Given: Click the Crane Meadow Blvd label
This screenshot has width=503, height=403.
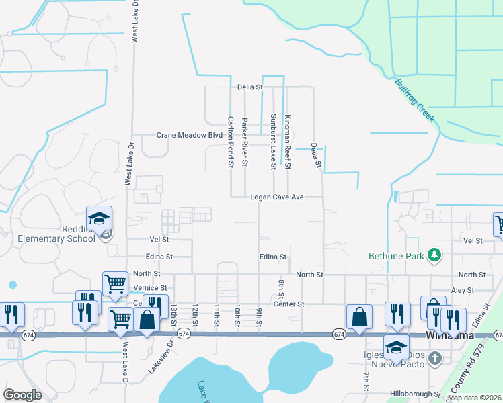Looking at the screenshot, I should [x=189, y=135].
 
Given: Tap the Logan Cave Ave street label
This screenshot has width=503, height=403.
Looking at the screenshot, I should [x=278, y=197].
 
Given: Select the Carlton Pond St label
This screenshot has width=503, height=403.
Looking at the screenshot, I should [x=230, y=141].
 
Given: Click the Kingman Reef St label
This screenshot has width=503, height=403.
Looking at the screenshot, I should [x=287, y=141].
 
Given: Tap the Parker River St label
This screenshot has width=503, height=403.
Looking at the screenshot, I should [x=245, y=141].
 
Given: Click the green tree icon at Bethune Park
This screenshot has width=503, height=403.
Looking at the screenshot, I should [x=435, y=254].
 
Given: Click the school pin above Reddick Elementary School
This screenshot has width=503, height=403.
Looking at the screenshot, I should [x=99, y=219].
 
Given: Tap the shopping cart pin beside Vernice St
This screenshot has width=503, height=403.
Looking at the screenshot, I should [x=115, y=284].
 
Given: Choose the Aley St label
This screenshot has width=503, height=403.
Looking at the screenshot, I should [x=463, y=289].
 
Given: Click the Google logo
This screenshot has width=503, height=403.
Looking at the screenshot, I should [x=22, y=395].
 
